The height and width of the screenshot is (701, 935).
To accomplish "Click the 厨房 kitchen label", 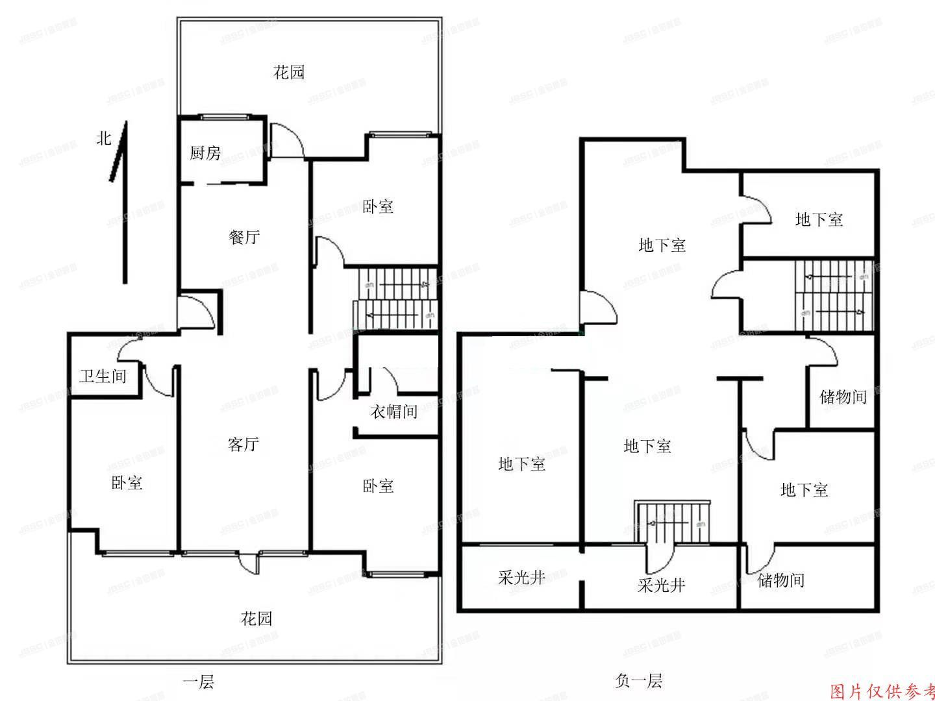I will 205,153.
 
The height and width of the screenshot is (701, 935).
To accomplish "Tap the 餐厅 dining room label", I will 244,237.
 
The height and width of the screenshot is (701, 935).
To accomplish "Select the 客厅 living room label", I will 243,444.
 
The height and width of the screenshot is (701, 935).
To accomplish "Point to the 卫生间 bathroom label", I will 103,376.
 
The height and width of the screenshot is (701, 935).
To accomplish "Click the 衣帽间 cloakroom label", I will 393,411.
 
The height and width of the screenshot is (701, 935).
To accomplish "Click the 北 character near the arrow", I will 104,138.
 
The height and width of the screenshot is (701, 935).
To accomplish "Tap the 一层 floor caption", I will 198,682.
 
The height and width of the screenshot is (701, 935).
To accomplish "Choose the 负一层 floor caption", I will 638,680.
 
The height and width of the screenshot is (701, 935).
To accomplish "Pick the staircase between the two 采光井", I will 673,523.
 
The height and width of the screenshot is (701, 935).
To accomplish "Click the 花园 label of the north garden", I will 289,72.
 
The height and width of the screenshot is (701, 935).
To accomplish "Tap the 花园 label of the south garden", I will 256,618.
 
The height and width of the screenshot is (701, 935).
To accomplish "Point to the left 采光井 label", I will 521,577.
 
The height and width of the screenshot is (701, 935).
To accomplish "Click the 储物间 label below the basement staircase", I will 843,397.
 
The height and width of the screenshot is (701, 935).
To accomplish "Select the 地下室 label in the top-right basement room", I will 819,219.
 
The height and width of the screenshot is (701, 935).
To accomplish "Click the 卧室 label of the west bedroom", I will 127,482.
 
